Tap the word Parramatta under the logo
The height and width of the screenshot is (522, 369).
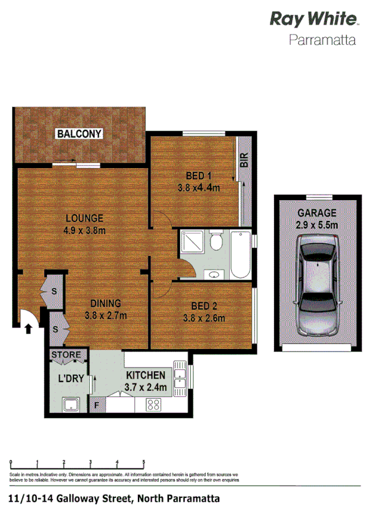click(323, 42)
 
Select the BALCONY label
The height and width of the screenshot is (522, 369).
click(79, 134)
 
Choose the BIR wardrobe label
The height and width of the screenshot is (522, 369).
click(244, 161)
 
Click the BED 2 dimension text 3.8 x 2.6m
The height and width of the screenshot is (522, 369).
click(204, 318)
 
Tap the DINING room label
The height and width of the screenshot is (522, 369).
click(105, 303)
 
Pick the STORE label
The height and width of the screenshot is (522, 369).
click(66, 355)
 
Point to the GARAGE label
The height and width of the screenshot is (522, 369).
click(317, 213)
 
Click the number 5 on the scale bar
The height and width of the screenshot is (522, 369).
click(144, 461)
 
